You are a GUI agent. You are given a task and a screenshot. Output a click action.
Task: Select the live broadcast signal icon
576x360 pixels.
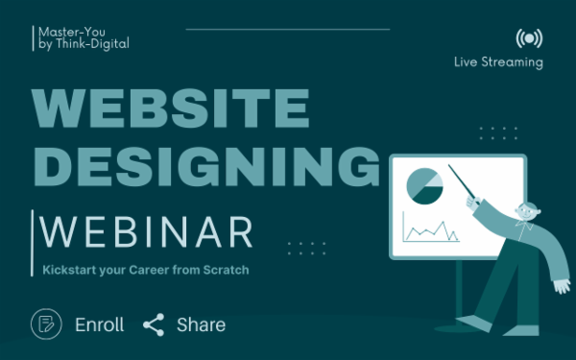pos(527,39)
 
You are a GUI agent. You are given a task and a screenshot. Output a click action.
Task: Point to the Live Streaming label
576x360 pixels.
pos(498,62)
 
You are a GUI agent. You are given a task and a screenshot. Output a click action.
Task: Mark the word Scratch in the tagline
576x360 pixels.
pos(228,271)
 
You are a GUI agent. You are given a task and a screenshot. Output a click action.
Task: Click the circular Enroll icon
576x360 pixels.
pos(46,324)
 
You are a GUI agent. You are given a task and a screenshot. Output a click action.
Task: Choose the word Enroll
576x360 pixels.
pos(100,324)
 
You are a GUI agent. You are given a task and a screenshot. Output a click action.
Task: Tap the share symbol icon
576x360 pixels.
pos(154,324)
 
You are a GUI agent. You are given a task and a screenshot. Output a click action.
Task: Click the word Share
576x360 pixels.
pos(201,324)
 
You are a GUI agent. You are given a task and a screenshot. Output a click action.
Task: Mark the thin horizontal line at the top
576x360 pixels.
pos(287,29)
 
